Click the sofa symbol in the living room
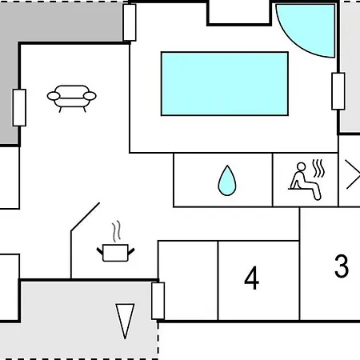tap(71, 98)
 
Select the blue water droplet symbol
tap(227, 181)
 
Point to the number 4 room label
tap(251, 278)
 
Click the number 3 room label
tap(342, 266)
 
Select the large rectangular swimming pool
tap(225, 84)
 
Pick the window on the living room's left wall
tap(19, 107)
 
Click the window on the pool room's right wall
tap(338, 91)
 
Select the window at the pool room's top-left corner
tap(130, 22)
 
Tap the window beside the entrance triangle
tap(158, 301)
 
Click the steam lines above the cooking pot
tap(116, 231)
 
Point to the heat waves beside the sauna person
tap(318, 168)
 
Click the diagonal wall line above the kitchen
tap(85, 217)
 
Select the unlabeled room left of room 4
tap(188, 281)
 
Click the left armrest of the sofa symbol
tap(54, 96)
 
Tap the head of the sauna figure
tap(302, 166)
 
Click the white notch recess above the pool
tap(239, 13)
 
